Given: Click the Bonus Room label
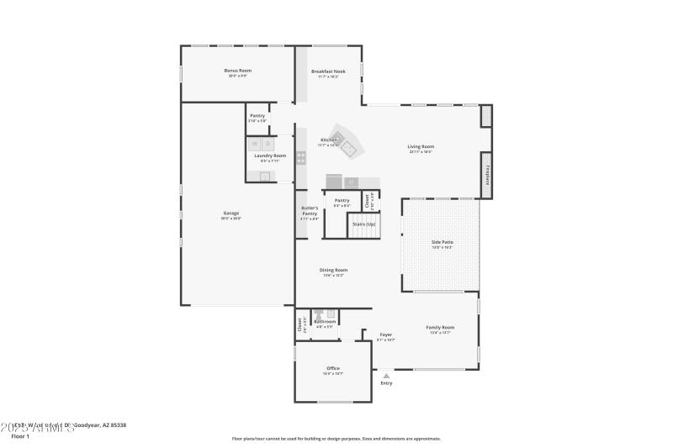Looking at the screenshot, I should click(x=237, y=71).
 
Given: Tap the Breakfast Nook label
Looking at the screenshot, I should click(x=328, y=71).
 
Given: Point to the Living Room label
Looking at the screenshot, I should click(x=421, y=146).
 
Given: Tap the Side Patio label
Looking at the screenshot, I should click(x=442, y=242).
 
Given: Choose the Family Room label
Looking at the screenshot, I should click(x=441, y=328).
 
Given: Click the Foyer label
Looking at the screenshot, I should click(x=385, y=335).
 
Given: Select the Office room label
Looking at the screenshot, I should click(x=333, y=368).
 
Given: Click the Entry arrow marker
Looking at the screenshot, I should click(x=386, y=375).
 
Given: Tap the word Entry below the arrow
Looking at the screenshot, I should click(x=386, y=383).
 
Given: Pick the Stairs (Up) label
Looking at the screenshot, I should click(x=363, y=224).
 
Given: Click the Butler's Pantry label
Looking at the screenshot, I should click(x=310, y=213).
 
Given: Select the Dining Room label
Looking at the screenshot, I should click(x=333, y=270).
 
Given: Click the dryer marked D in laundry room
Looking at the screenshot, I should click(x=269, y=144).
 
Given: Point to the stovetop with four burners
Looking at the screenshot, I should click(x=300, y=157).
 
